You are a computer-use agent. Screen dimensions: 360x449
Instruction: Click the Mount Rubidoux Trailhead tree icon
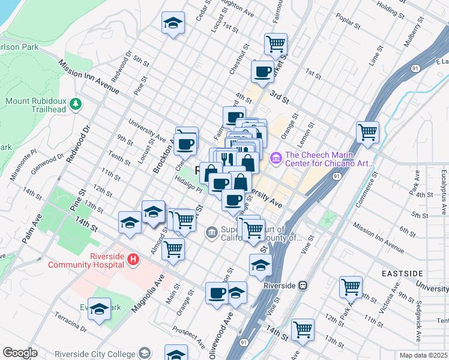coord(76,104)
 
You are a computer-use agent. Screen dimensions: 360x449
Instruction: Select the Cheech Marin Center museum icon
coord(276,158)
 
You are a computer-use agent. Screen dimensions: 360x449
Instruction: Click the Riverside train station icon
coord(304,286)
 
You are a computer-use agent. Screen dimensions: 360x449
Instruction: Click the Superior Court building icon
coord(211,232)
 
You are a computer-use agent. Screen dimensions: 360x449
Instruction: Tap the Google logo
coord(20,353)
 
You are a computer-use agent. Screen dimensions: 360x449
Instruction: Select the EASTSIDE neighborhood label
coord(402,274)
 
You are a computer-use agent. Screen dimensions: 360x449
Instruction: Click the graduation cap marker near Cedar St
coord(173,24)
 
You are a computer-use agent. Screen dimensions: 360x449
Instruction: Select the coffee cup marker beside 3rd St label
coord(262,72)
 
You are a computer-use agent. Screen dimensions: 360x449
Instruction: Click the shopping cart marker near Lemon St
coord(367,131)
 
